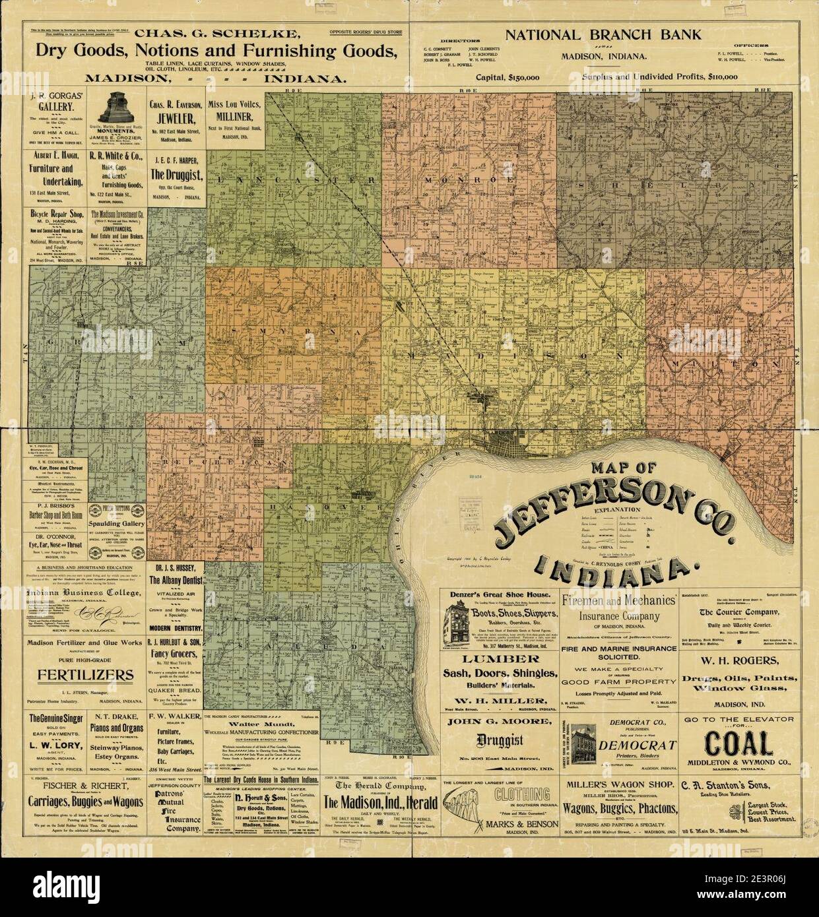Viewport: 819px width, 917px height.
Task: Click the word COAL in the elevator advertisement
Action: pyautogui.click(x=738, y=743)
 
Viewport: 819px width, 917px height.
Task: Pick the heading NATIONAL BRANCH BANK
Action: pyautogui.click(x=603, y=35)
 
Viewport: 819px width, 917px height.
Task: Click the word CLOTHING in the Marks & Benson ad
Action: pyautogui.click(x=520, y=794)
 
